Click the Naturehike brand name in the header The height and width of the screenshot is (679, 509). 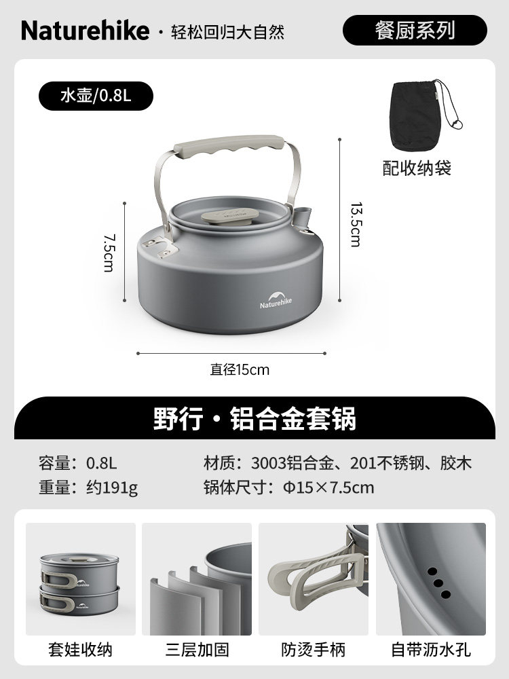coord(86,31)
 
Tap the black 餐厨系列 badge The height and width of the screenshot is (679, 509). coord(415,31)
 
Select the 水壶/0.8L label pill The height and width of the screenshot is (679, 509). coord(96,96)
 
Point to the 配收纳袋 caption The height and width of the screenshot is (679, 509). coord(417,168)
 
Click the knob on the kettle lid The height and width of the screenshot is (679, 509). coord(230,216)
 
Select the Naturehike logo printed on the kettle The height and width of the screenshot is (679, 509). coord(276,300)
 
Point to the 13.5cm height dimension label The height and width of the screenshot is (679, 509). coord(356,224)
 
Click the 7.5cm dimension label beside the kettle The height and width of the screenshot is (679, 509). coord(109,253)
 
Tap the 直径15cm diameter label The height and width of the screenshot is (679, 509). coord(240,369)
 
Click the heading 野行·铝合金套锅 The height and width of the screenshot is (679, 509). coord(255,418)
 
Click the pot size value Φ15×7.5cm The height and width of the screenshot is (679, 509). coord(328,488)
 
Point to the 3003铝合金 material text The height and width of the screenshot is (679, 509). coord(293,463)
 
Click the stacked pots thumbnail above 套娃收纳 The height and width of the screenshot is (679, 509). coord(81,579)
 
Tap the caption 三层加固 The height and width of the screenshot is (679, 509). coord(197,650)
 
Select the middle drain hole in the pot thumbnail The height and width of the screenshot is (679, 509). coord(438,583)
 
